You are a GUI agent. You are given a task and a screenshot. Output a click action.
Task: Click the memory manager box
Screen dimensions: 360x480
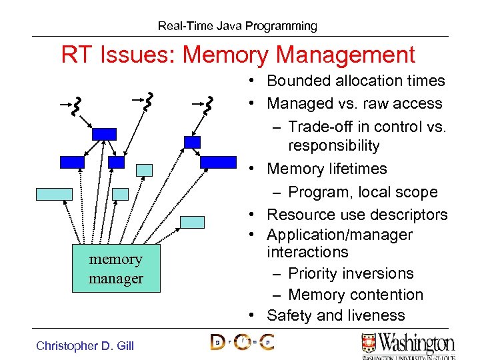point(116,269)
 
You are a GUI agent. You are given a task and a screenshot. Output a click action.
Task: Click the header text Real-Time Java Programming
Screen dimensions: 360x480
point(237,27)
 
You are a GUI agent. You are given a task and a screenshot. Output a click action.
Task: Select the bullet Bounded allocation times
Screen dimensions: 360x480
point(355,81)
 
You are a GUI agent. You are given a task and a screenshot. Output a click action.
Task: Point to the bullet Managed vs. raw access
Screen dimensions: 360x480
point(354,103)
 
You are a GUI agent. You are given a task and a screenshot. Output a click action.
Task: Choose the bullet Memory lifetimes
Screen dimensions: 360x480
point(327,169)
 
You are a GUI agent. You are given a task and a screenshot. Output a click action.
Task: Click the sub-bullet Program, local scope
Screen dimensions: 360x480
point(363,192)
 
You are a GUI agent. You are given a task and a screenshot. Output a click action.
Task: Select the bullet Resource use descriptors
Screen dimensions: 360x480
point(357,215)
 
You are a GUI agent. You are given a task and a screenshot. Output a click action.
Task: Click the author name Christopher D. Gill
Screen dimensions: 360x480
point(85,345)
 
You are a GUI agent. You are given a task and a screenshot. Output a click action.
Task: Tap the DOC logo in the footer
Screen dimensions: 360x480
point(242,343)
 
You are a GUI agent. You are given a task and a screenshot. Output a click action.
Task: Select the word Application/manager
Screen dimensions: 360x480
point(339,235)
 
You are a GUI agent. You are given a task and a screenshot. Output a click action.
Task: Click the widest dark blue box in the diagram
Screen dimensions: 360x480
point(218,162)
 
